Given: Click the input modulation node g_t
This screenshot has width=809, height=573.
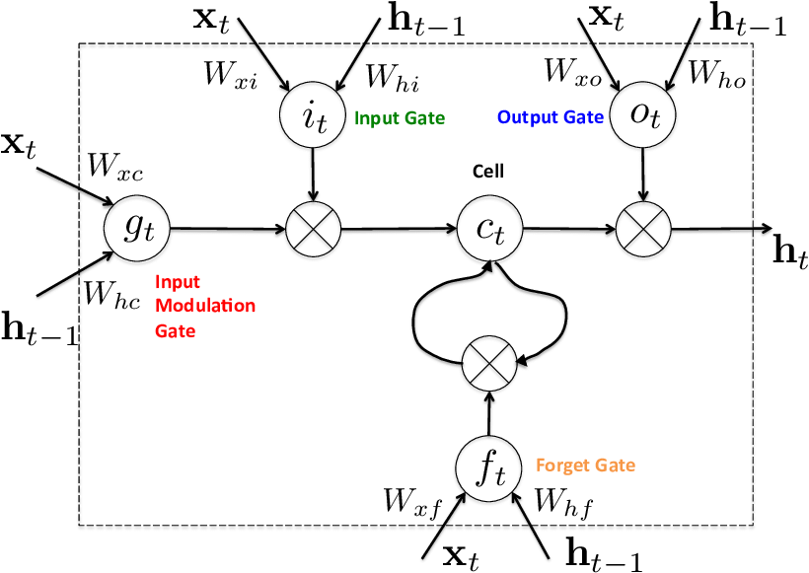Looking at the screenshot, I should click(137, 229).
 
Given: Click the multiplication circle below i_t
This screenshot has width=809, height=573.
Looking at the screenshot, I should click(312, 229).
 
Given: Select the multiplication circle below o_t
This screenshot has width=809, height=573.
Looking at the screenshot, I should click(643, 229).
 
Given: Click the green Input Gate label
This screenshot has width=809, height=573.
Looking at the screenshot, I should click(400, 118).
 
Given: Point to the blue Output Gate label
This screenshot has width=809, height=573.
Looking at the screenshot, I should click(550, 117).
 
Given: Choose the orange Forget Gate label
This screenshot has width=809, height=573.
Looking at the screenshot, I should click(585, 465).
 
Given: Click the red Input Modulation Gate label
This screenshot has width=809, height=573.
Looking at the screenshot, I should click(204, 307).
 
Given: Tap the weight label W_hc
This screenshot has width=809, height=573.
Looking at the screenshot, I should click(112, 292).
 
